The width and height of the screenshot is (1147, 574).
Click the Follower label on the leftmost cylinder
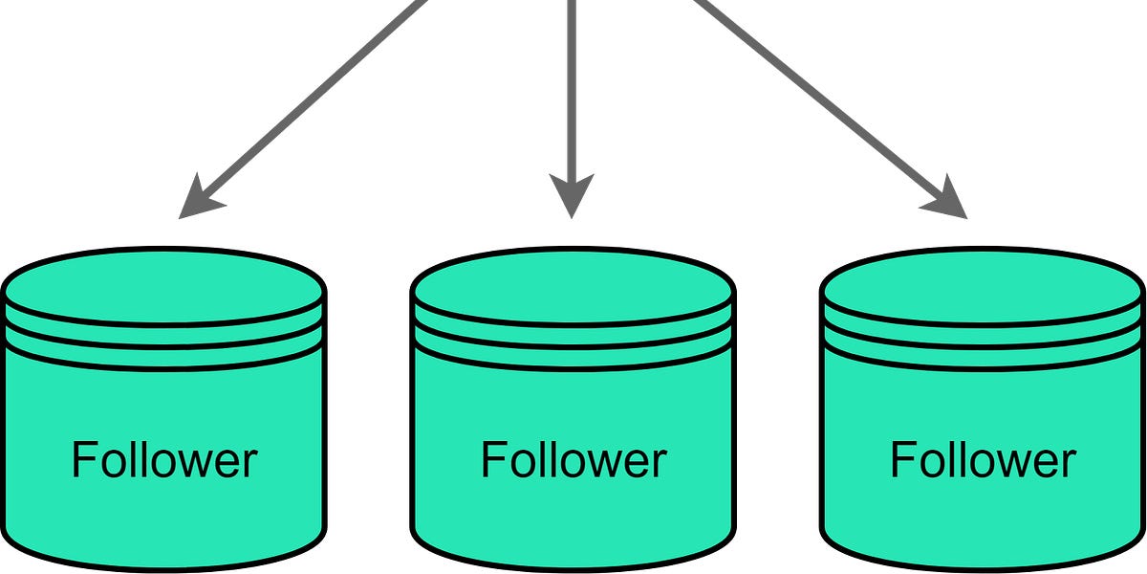click(x=164, y=460)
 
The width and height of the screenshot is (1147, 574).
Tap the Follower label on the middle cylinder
click(x=573, y=460)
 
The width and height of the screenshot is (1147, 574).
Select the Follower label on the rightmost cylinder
click(x=983, y=460)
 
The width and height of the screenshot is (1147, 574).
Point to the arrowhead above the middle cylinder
click(x=572, y=196)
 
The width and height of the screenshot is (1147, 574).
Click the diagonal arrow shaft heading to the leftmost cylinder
click(x=315, y=100)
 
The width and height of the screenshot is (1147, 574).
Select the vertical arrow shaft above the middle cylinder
click(x=572, y=86)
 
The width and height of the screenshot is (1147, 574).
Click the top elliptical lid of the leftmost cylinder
click(x=164, y=284)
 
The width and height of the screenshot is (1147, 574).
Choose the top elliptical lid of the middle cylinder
click(x=573, y=284)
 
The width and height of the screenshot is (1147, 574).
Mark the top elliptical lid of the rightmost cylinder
click(x=983, y=284)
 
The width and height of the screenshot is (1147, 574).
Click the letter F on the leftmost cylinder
click(x=84, y=460)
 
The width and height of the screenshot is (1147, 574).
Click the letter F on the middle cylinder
click(x=493, y=460)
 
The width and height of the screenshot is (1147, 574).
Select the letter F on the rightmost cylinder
click(x=902, y=460)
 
